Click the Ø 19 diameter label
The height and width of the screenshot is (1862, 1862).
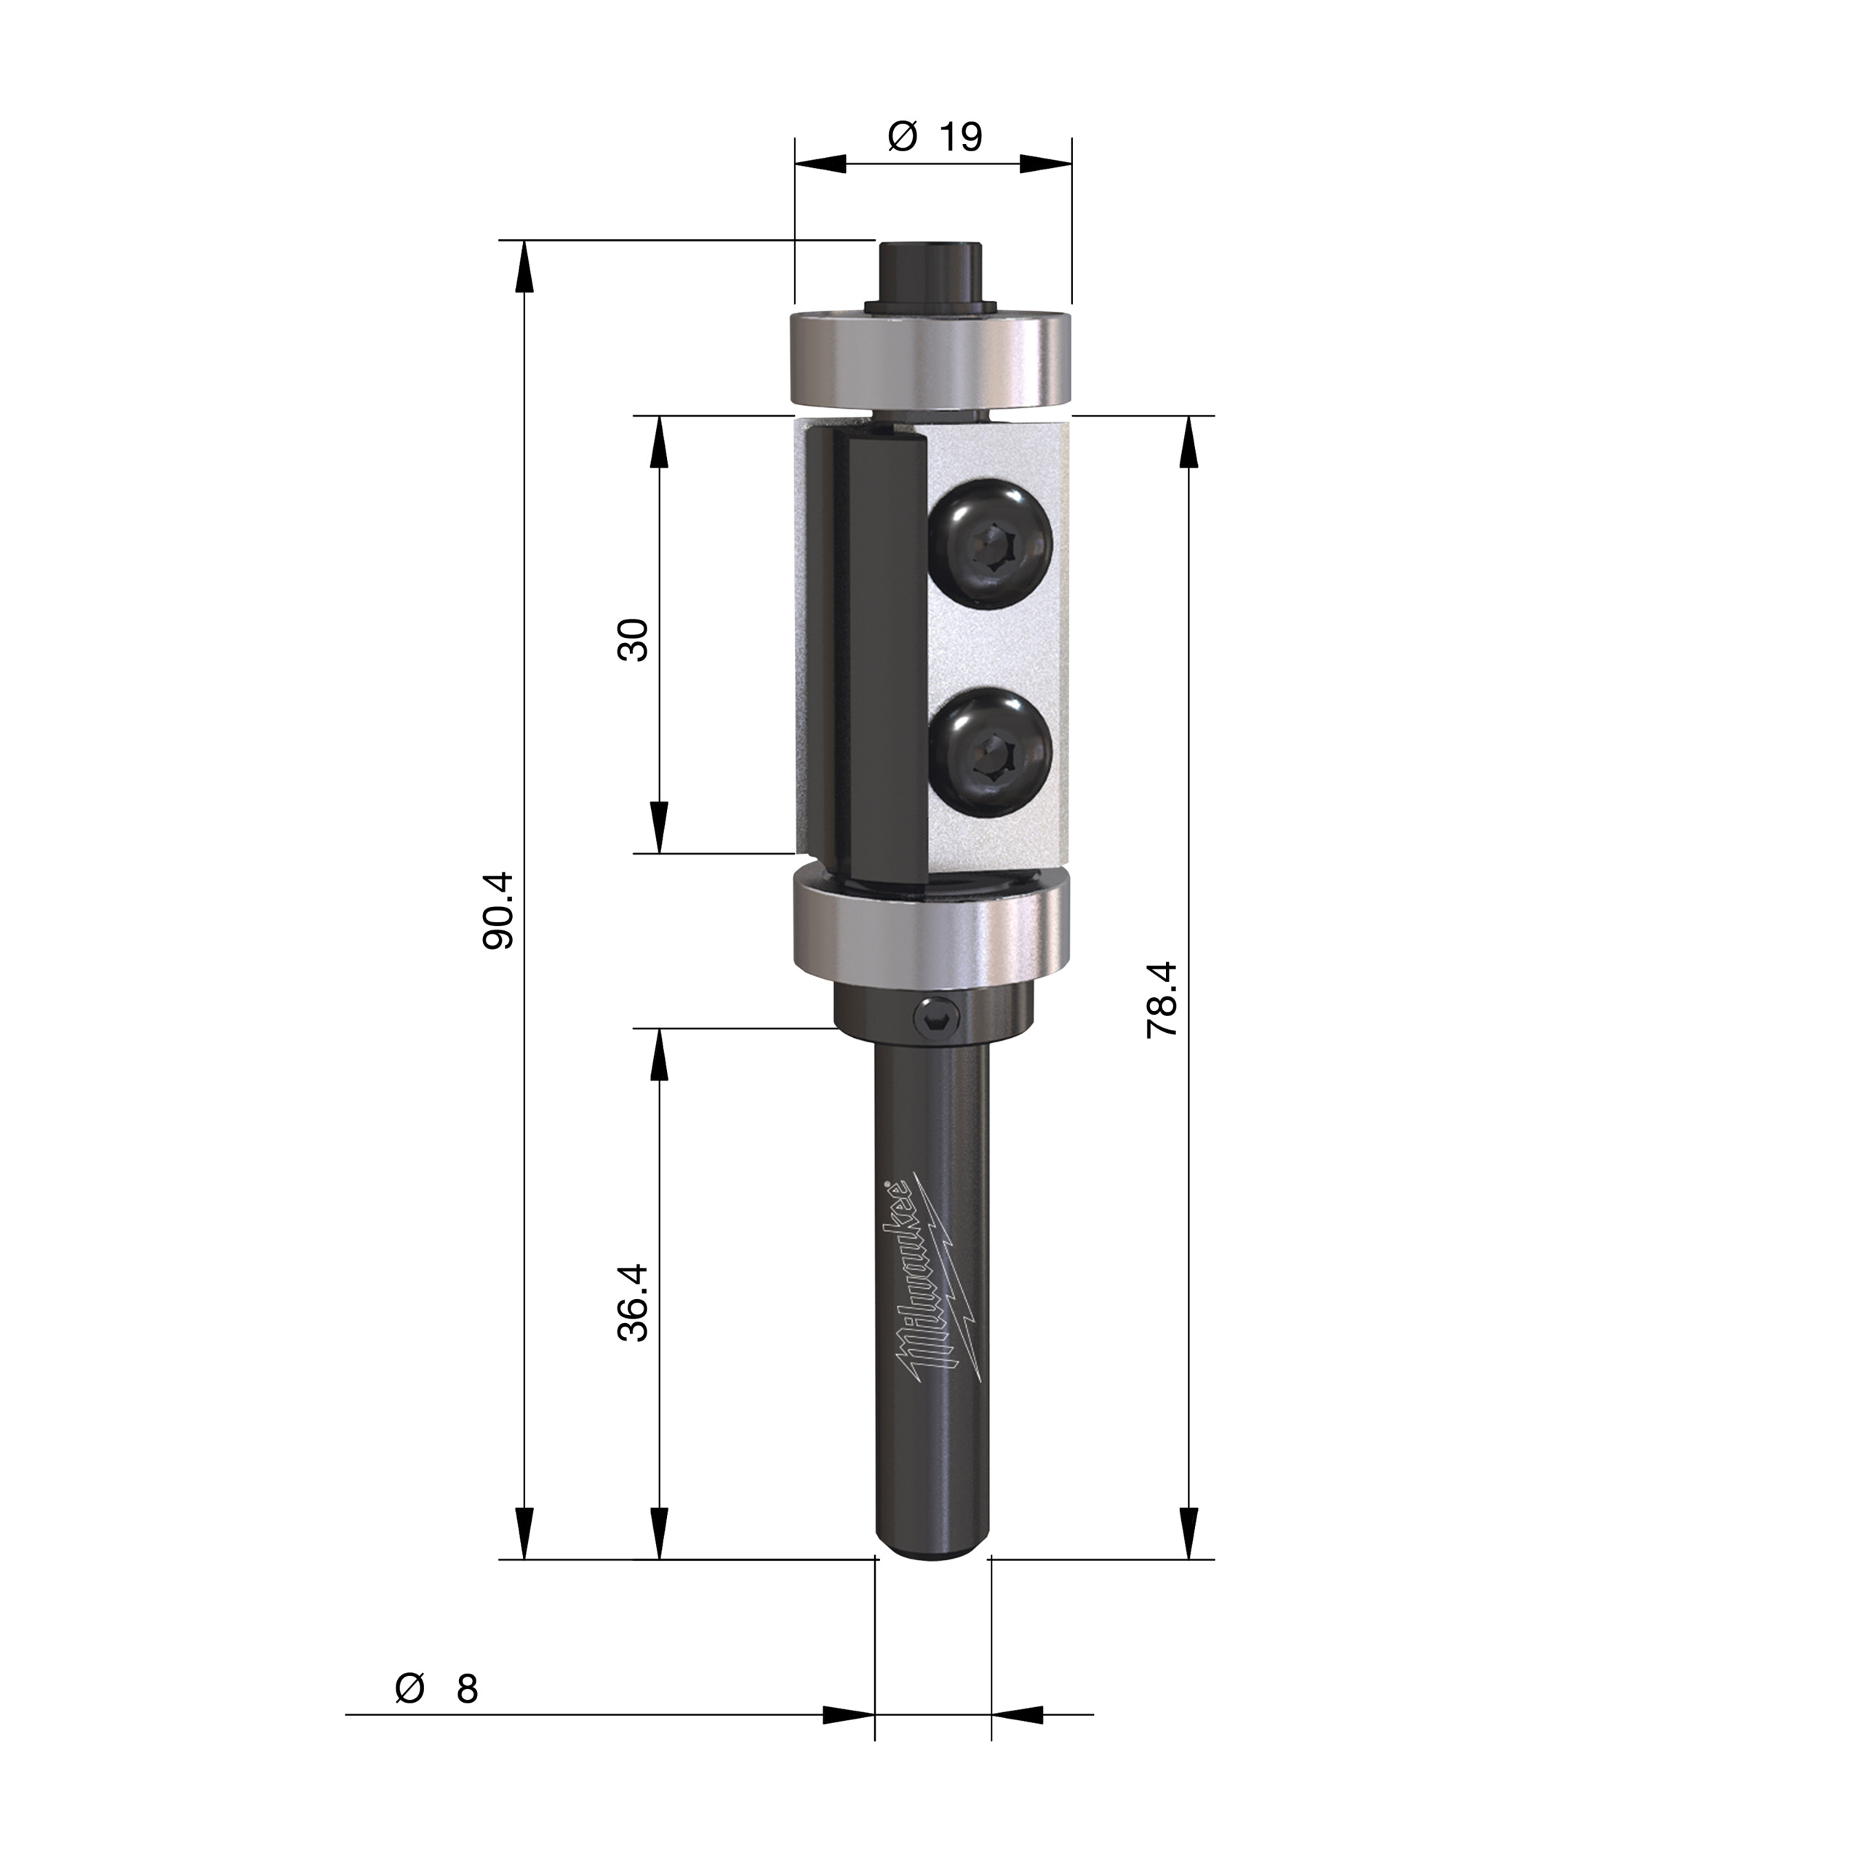(x=934, y=137)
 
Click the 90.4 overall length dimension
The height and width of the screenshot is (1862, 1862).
(x=498, y=911)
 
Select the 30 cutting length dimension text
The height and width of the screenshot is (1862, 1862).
(x=634, y=639)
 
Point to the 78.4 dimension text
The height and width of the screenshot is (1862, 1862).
(x=1162, y=999)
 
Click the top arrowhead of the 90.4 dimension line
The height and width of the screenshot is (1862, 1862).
(x=524, y=265)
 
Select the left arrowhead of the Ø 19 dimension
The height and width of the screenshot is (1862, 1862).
(x=819, y=165)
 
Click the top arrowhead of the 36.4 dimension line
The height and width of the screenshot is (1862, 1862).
(x=659, y=1053)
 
